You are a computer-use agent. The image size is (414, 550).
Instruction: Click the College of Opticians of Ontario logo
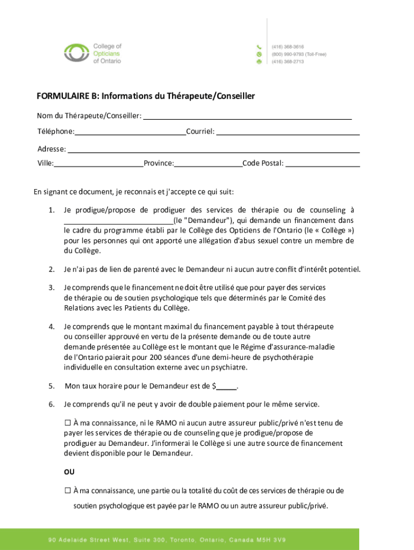tap(92, 54)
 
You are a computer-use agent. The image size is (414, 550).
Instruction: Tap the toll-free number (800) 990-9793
tap(290, 54)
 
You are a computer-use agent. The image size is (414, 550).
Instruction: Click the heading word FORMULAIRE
tap(64, 96)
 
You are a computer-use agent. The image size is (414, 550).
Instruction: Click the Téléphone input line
tap(130, 132)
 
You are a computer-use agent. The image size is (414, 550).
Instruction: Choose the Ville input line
tap(98, 163)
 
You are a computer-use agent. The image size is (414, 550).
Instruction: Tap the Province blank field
tap(208, 163)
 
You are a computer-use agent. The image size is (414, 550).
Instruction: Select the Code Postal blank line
tap(323, 163)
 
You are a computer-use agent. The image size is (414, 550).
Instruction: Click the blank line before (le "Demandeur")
tap(118, 220)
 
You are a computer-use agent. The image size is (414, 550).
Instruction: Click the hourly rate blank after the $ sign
tap(227, 386)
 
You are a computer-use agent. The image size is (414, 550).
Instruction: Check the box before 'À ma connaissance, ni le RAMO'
tap(68, 423)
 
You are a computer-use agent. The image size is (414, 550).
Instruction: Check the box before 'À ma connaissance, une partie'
tap(68, 490)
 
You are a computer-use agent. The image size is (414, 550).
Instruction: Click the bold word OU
tap(69, 473)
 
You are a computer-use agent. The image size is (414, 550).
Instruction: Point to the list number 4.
tap(51, 327)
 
